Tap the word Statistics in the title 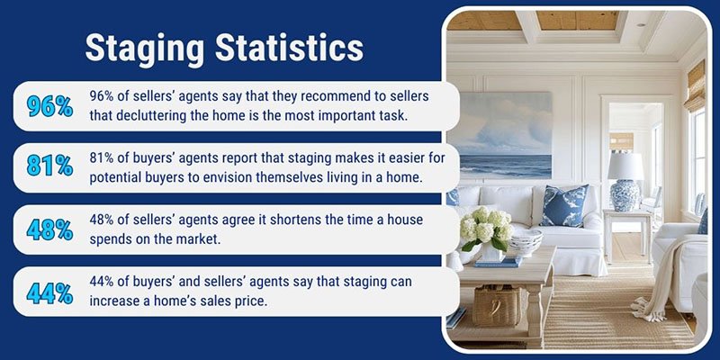point(289,47)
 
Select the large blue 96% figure point(49,106)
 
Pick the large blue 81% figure point(49,167)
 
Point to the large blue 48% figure point(49,229)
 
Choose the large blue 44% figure point(49,292)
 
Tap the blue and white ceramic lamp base point(625,194)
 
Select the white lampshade point(625,166)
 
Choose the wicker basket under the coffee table point(498,305)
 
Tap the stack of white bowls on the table point(525,242)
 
